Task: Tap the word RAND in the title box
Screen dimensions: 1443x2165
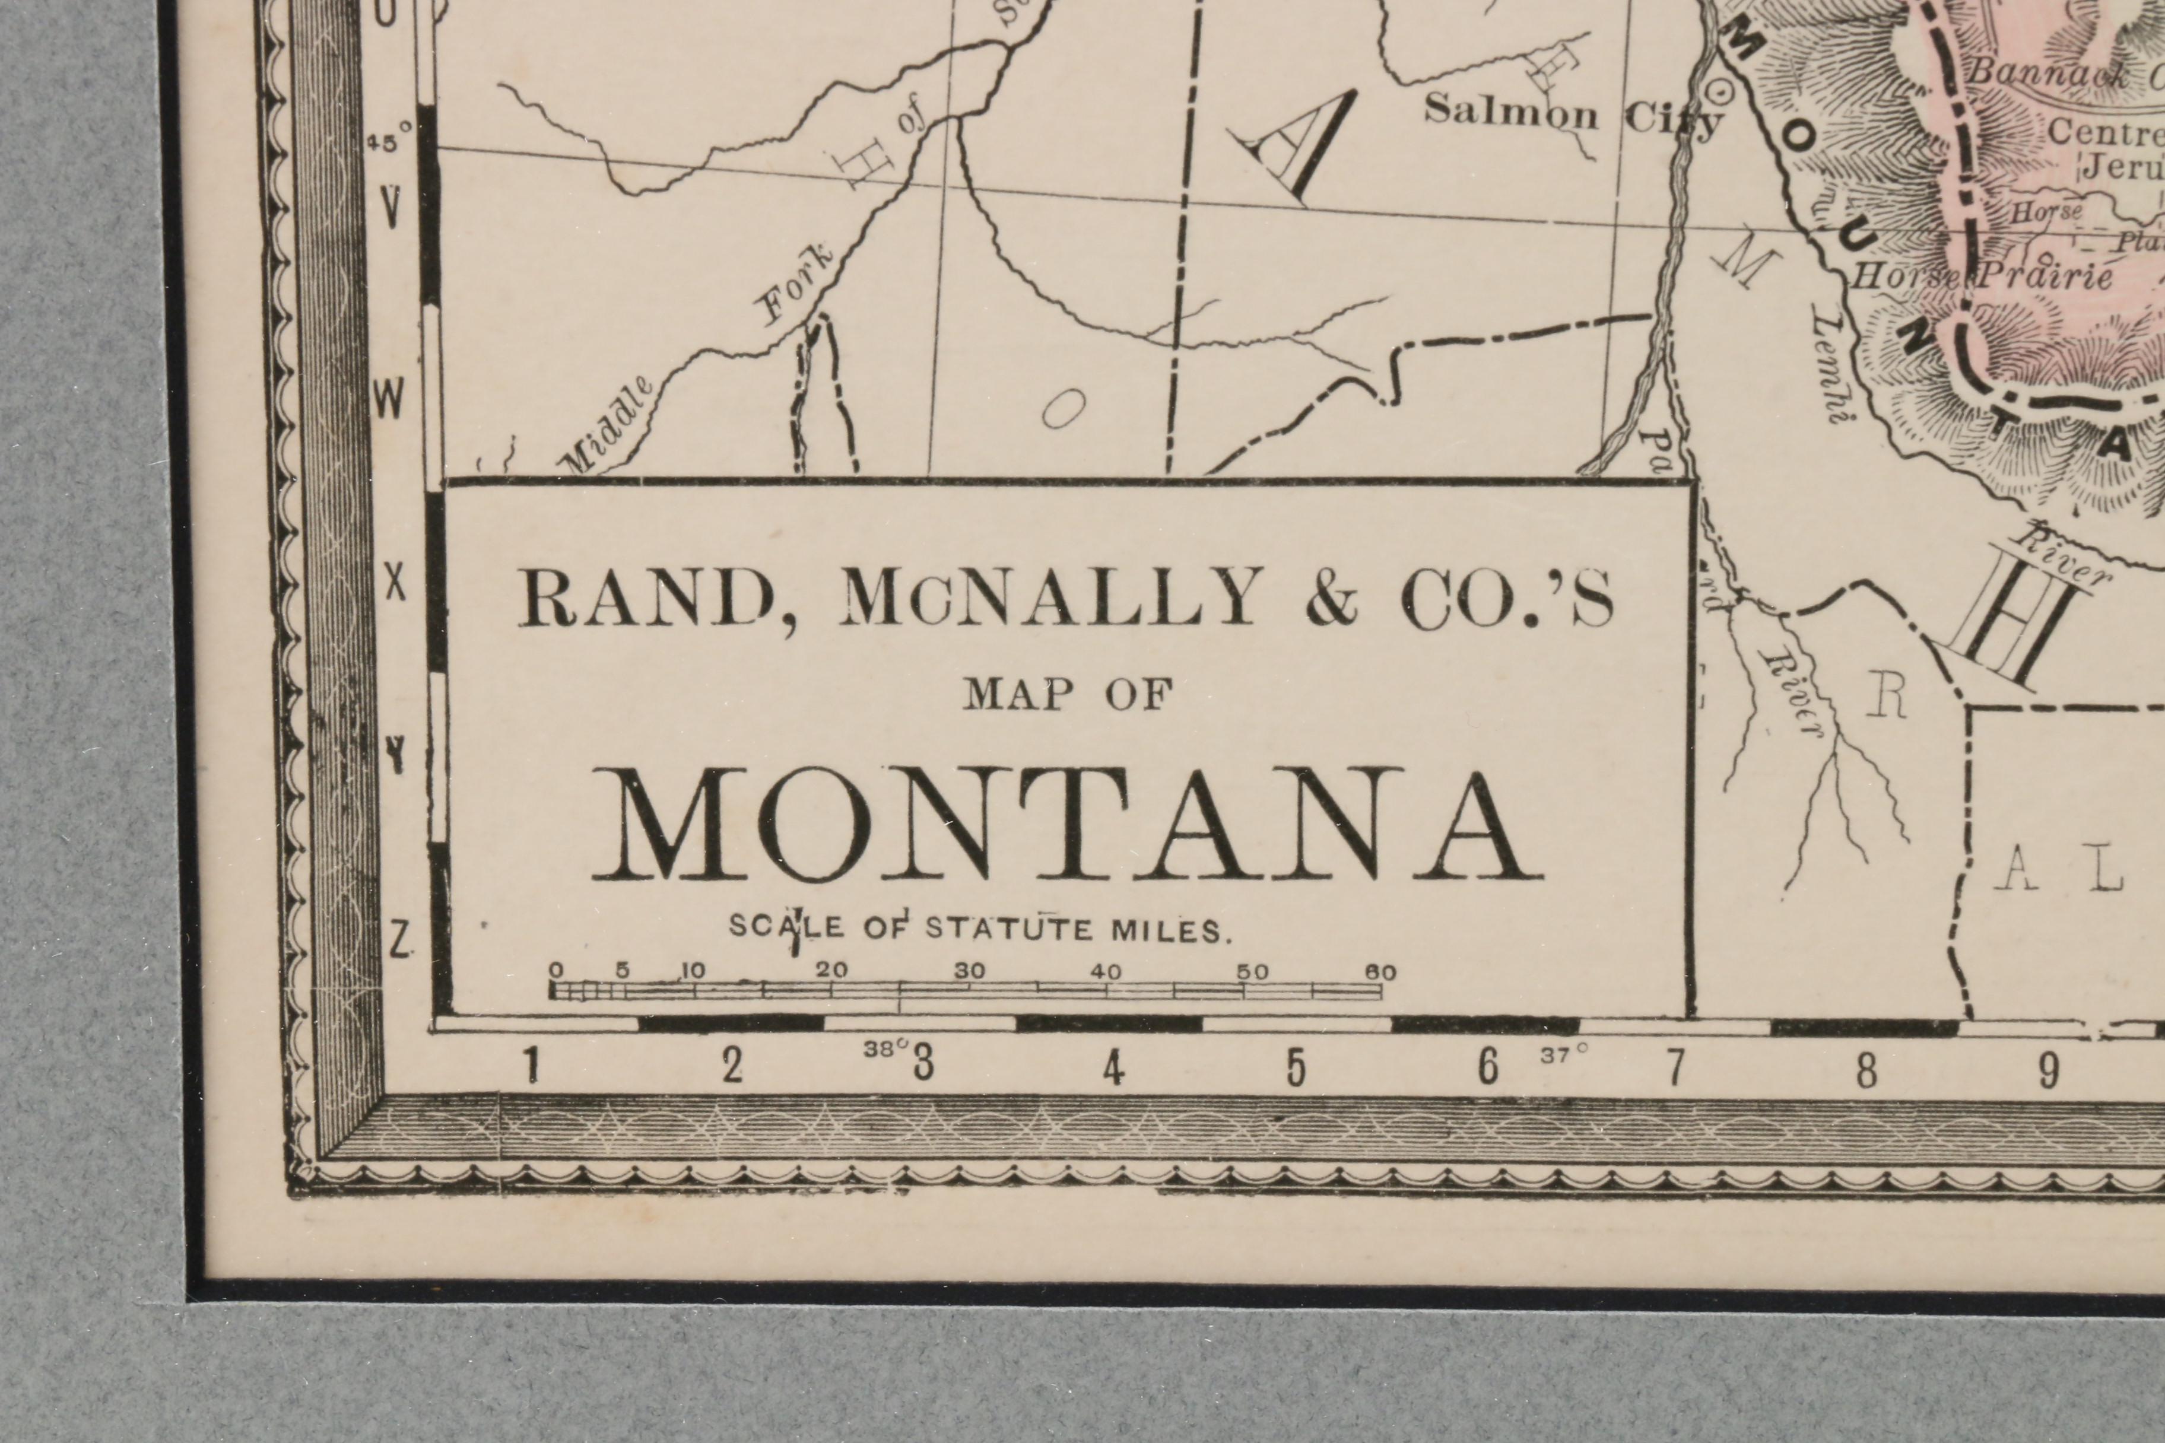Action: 645,598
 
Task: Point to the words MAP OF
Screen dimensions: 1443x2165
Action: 1068,695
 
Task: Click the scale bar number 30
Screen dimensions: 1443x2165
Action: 969,972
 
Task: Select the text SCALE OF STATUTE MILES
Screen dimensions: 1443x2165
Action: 979,927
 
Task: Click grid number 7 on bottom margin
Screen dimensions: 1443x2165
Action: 1675,1067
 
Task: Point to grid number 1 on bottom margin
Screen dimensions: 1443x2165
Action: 531,1067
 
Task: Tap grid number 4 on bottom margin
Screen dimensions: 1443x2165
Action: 1114,1067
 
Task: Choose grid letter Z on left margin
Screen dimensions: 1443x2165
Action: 399,940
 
